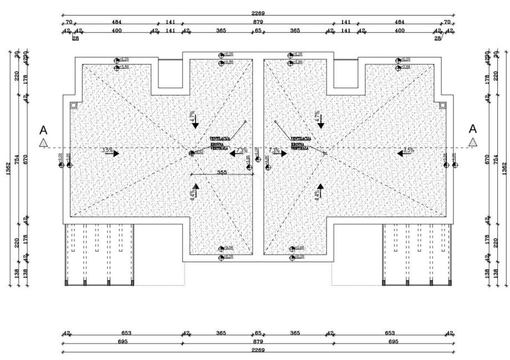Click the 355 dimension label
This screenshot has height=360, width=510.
click(x=206, y=172)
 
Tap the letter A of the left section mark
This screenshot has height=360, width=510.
click(x=43, y=130)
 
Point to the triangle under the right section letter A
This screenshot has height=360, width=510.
click(x=472, y=142)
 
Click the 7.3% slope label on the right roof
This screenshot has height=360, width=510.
click(x=274, y=150)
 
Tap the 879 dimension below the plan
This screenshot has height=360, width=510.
click(x=258, y=342)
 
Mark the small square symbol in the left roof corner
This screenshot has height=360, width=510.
click(x=73, y=105)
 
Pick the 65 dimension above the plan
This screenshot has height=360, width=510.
click(x=258, y=31)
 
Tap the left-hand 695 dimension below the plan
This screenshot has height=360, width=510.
click(x=123, y=342)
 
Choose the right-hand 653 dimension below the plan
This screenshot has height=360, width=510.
click(x=390, y=333)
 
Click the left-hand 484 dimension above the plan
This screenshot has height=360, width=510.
click(x=117, y=22)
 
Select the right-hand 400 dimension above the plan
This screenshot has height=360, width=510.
click(x=399, y=31)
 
